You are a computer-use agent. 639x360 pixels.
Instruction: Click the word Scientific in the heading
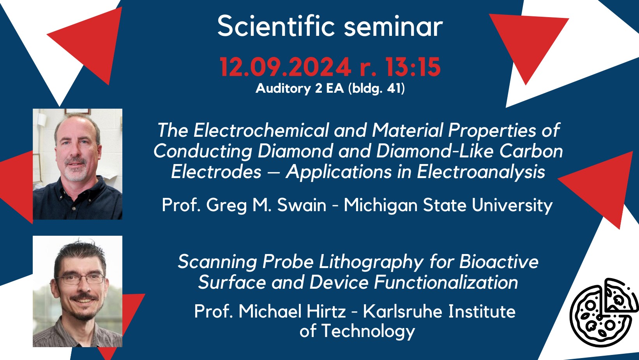(x=276, y=26)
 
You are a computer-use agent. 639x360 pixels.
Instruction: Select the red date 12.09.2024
(x=285, y=67)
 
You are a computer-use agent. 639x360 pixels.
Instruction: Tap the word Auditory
(x=283, y=89)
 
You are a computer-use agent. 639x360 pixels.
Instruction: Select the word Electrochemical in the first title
(x=261, y=130)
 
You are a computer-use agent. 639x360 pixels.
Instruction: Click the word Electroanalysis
(x=481, y=172)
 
